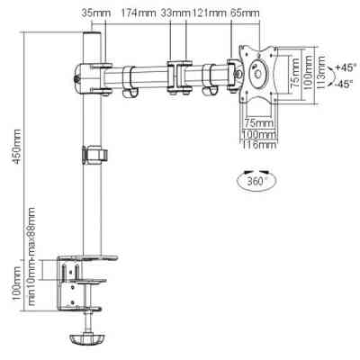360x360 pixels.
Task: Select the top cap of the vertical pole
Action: pyautogui.click(x=90, y=41)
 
